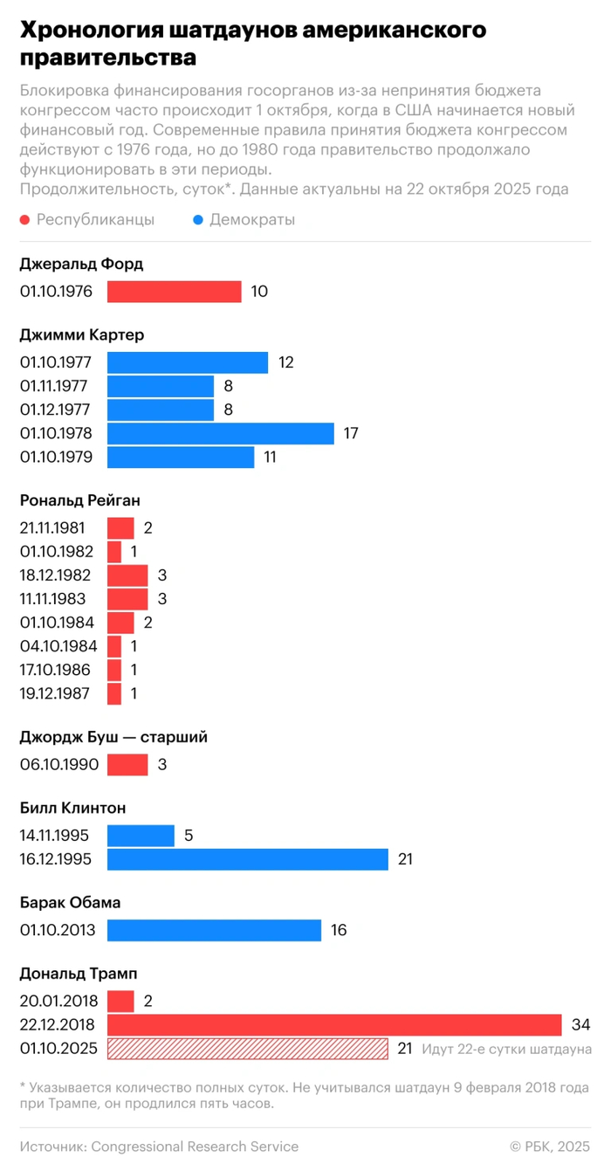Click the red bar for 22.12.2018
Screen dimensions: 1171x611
334,1024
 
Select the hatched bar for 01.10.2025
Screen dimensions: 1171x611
248,1049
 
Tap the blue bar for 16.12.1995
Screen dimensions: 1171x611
248,859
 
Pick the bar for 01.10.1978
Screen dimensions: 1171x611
221,433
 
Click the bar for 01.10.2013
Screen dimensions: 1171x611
215,930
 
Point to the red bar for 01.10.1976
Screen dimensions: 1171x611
175,292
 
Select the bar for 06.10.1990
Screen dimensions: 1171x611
127,765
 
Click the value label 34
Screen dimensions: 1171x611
581,1024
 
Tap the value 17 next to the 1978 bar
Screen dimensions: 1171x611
350,433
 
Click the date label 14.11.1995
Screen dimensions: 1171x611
55,836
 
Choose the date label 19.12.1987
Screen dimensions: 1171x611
55,694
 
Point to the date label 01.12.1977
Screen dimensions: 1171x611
55,410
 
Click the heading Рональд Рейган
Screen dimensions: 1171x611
79,500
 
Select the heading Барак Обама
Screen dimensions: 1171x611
70,902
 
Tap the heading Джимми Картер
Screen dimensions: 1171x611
82,334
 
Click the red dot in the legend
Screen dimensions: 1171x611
25,220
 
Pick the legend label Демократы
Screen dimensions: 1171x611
252,220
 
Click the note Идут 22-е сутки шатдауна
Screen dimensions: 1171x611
506,1049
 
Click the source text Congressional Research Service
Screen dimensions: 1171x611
195,1147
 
